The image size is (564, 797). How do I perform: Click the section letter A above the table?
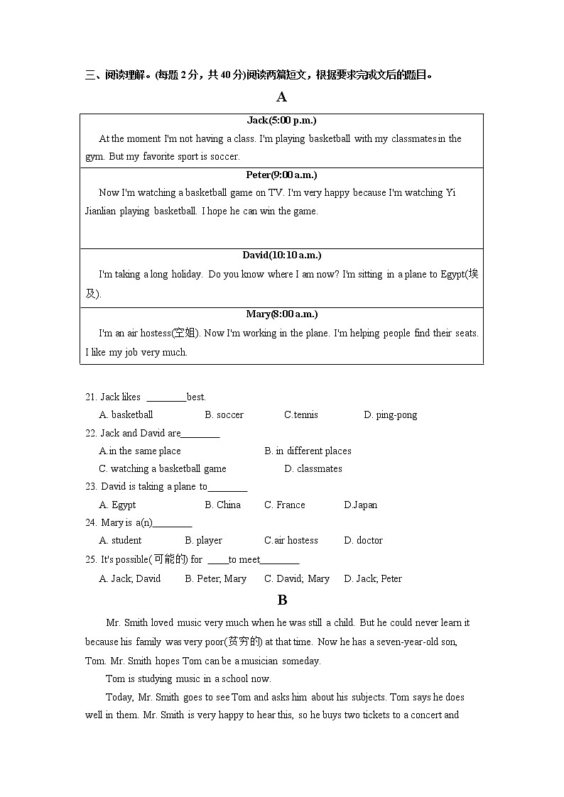point(282,97)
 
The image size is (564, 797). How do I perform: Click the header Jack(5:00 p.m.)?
point(281,121)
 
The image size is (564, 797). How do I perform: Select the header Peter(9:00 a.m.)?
point(281,175)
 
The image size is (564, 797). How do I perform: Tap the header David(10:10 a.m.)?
point(281,255)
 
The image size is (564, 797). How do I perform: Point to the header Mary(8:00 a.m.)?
point(281,314)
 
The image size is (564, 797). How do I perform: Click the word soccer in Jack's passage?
point(224,157)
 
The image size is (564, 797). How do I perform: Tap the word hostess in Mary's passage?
point(155,334)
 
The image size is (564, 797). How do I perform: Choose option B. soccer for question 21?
point(224,415)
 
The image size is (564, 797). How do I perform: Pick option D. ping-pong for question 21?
point(390,415)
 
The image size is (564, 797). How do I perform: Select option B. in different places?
point(308,451)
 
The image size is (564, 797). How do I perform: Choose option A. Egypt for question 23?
point(117,505)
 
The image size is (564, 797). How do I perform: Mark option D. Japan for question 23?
point(361,505)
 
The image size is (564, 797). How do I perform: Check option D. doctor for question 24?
point(363,541)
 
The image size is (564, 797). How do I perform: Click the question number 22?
point(91,434)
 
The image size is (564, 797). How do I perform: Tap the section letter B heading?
point(282,600)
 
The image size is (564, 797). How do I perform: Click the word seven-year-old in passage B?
point(398,642)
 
